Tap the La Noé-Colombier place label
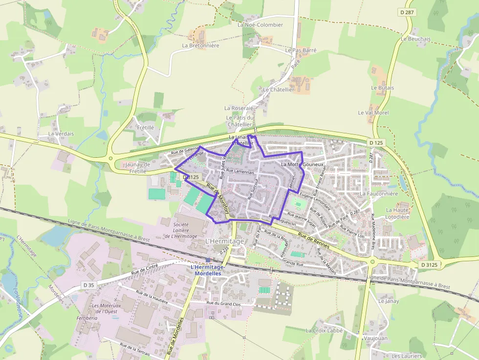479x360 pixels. [x=260, y=25]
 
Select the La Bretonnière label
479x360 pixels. [x=200, y=45]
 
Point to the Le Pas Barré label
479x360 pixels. [x=301, y=50]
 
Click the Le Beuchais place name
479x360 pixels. [x=415, y=39]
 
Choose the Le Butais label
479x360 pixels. [x=382, y=88]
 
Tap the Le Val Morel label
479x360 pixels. [x=373, y=113]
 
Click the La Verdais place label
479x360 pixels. [x=61, y=134]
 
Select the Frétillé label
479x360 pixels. [x=145, y=127]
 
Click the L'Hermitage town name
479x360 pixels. [x=224, y=241]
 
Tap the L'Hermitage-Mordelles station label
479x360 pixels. [x=208, y=270]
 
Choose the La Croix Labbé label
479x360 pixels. [x=325, y=330]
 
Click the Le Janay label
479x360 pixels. [x=389, y=301]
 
